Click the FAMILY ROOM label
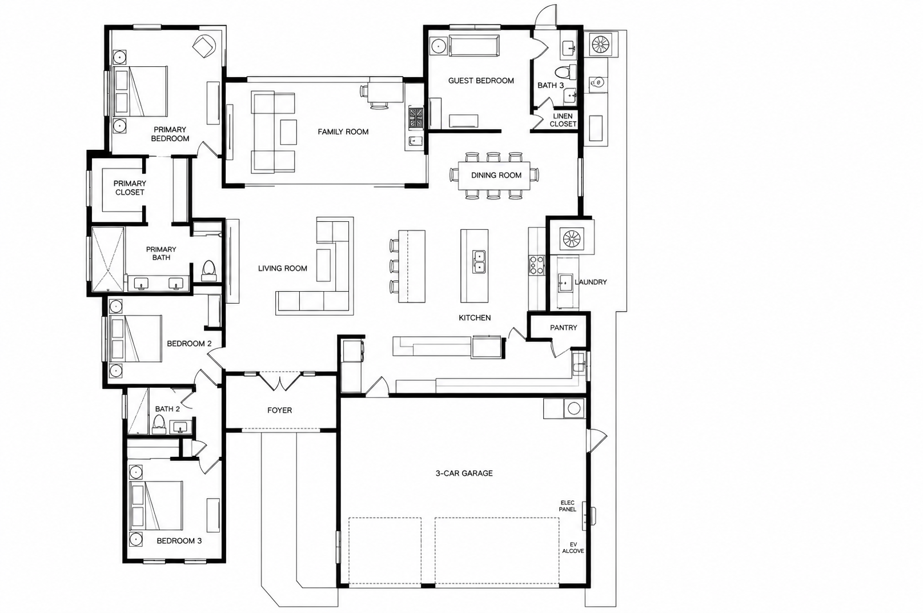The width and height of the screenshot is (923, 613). (x=343, y=132)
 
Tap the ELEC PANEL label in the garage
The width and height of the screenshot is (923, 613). (x=567, y=506)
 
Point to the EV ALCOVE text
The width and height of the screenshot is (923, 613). (x=573, y=548)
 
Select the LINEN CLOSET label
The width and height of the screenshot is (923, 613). (x=563, y=120)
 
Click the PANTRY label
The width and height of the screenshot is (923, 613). (x=563, y=328)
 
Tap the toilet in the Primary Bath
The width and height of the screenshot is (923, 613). (x=209, y=270)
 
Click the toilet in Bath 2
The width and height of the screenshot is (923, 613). (x=158, y=424)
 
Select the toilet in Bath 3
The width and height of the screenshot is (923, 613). (x=566, y=73)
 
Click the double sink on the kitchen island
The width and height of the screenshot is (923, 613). (x=479, y=261)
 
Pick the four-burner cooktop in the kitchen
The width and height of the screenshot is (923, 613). (x=536, y=265)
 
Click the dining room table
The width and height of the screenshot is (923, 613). (x=495, y=175)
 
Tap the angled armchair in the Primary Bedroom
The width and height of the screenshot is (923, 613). (x=204, y=47)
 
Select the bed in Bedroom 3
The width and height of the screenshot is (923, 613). (x=156, y=505)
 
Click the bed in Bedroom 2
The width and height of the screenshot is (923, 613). (x=135, y=339)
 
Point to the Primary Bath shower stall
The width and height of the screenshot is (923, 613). (x=107, y=259)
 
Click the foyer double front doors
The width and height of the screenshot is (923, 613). (x=279, y=381)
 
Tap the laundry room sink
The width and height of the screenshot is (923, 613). (x=565, y=282)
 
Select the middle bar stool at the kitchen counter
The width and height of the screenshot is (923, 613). (x=394, y=266)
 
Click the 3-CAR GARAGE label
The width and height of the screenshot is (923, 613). (x=464, y=473)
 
